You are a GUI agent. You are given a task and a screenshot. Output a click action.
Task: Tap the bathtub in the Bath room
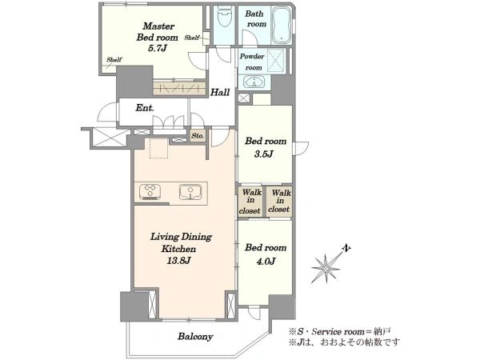pyautogui.click(x=282, y=25)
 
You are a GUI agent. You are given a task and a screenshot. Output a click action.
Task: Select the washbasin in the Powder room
pyautogui.click(x=254, y=82)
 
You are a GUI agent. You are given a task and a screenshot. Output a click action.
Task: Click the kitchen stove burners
pyautogui.click(x=150, y=192)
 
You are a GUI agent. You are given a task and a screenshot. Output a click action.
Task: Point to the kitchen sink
pyautogui.click(x=190, y=192)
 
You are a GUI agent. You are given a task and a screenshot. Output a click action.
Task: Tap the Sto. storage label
pyautogui.click(x=198, y=135)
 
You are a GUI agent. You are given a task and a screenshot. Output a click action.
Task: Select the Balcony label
pyautogui.click(x=195, y=337)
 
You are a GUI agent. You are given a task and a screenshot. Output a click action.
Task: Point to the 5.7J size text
pyautogui.click(x=157, y=48)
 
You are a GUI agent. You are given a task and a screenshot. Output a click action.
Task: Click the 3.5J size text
pyautogui.click(x=263, y=154)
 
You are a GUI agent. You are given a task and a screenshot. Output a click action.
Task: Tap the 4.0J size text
pyautogui.click(x=265, y=261)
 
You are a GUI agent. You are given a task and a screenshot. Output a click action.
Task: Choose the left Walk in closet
pyautogui.click(x=250, y=202)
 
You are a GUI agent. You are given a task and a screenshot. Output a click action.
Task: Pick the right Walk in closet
pyautogui.click(x=279, y=202)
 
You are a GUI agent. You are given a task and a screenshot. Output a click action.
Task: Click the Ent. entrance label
pyautogui.click(x=145, y=108)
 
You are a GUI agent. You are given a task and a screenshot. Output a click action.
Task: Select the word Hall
pyautogui.click(x=219, y=92)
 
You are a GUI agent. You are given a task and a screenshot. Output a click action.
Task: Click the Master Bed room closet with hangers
pyautogui.click(x=178, y=89)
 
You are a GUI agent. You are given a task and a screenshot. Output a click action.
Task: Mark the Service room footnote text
pyautogui.click(x=339, y=332)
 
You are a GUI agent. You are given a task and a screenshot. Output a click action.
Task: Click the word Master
pyautogui.click(x=158, y=26)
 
